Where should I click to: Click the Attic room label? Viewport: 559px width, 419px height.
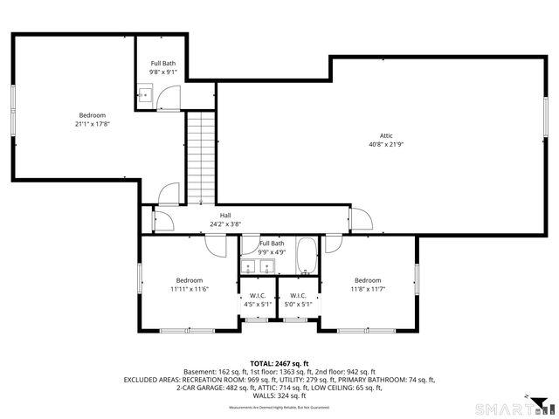point(385,134)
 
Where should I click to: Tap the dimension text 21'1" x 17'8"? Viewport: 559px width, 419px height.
point(92,125)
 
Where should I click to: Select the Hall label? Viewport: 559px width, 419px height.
point(225,215)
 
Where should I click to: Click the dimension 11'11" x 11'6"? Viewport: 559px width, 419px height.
point(190,289)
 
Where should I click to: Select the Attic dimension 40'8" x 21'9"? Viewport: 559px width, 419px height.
point(385,144)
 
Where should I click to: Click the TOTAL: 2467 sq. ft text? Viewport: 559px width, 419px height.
point(279,364)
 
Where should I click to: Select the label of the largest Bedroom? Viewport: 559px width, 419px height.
point(92,115)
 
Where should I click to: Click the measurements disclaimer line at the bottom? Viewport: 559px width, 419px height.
point(279,407)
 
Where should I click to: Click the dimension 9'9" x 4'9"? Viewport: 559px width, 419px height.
point(271,252)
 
